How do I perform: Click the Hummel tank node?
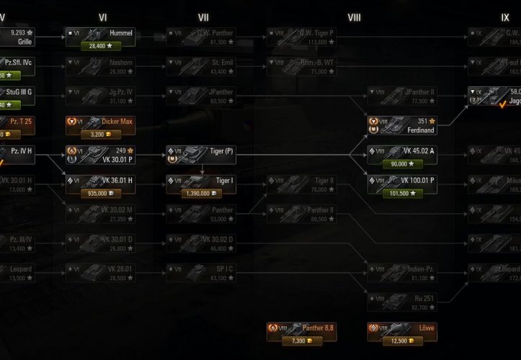102,34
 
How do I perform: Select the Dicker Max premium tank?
102,122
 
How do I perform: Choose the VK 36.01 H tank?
102,180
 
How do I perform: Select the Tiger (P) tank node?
202,152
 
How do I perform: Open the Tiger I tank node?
202,180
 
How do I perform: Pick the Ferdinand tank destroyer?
404,122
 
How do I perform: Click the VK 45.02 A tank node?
404,152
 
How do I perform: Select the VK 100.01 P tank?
404,180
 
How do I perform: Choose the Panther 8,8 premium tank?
303,328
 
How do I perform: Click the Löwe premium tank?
404,328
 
